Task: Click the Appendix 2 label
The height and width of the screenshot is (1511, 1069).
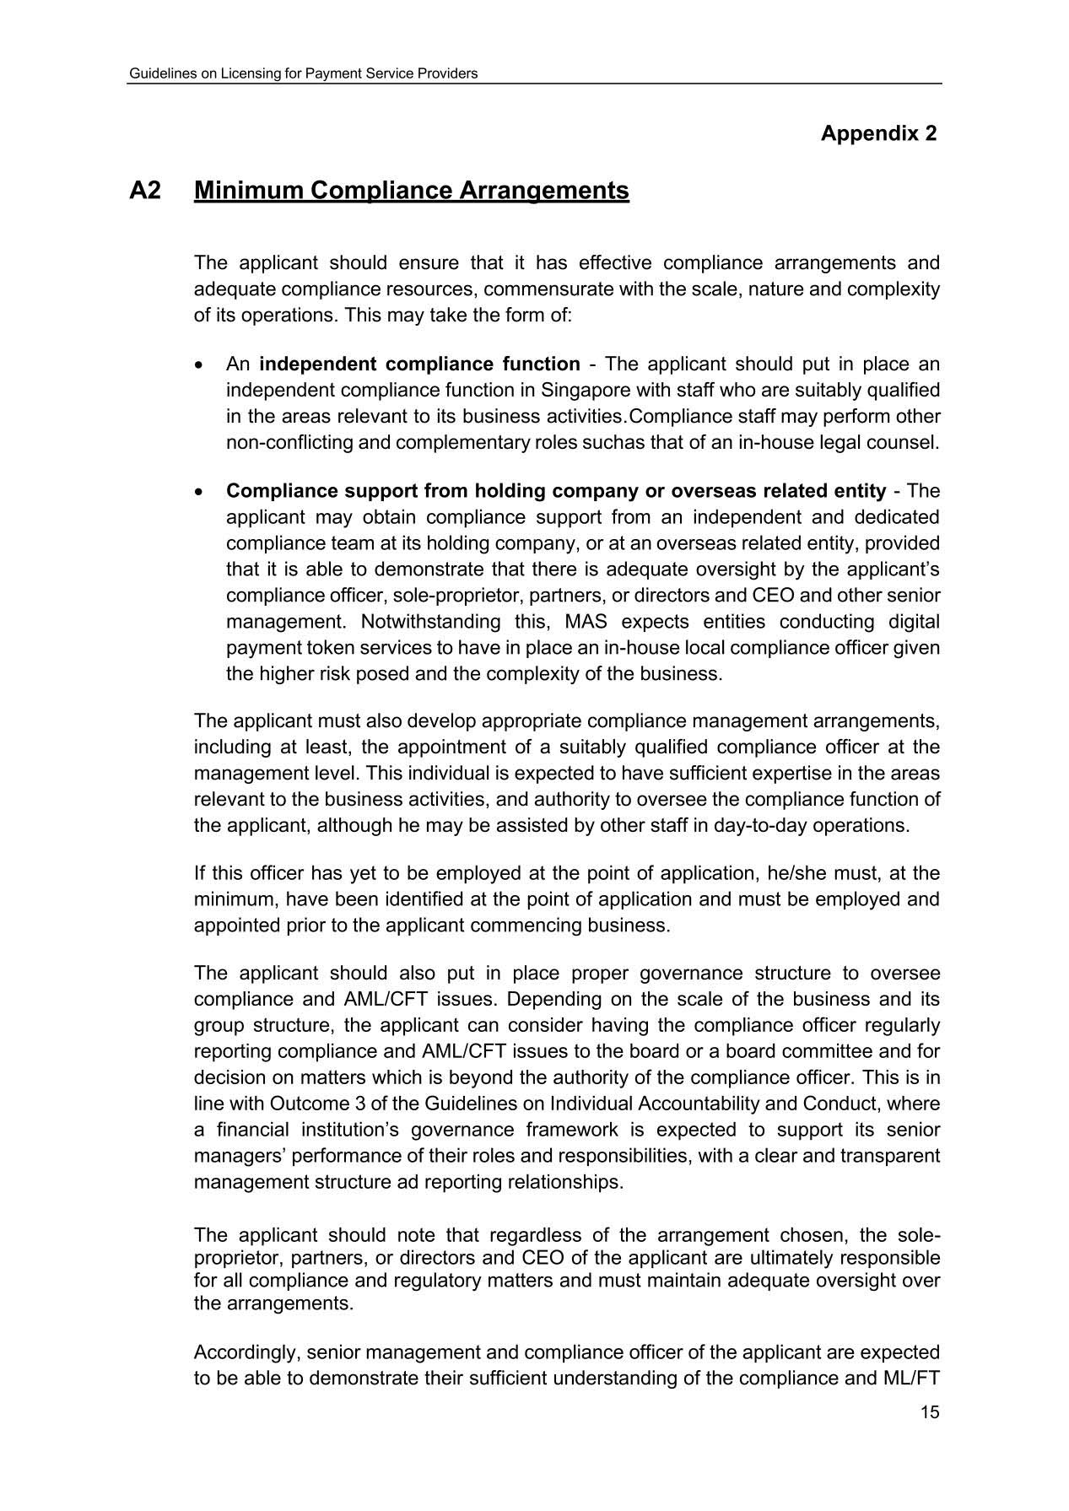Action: pos(878,133)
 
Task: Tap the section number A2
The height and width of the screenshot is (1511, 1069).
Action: pos(145,191)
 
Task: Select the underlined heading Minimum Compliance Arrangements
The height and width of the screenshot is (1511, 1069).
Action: pos(411,191)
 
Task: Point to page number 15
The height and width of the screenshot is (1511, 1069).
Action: pos(930,1412)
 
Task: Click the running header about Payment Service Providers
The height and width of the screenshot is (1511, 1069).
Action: pos(303,73)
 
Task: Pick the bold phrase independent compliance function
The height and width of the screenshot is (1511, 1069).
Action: pos(419,364)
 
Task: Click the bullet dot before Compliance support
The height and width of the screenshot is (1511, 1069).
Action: pos(198,492)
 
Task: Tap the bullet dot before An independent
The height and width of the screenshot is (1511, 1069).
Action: pos(198,365)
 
